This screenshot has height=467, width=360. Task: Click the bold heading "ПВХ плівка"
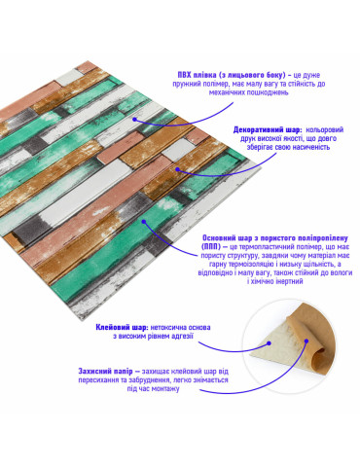click(x=197, y=75)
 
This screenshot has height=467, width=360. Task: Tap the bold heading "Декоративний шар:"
click(x=268, y=130)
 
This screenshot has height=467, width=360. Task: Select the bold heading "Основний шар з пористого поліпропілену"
click(x=275, y=238)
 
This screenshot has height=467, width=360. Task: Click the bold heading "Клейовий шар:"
click(x=122, y=327)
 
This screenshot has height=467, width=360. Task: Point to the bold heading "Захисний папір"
click(x=105, y=371)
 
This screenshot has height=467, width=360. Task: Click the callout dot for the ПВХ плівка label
click(x=134, y=120)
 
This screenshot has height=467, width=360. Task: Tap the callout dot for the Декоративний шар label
click(x=178, y=169)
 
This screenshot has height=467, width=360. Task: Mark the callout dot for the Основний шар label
click(x=144, y=222)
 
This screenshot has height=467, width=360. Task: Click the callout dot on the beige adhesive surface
click(x=269, y=343)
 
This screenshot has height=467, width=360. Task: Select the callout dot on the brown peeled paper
click(x=306, y=341)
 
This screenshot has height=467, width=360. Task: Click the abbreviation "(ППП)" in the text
click(x=211, y=247)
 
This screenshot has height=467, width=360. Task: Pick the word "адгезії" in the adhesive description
click(x=183, y=337)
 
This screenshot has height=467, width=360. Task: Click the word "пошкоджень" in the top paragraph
click(x=268, y=92)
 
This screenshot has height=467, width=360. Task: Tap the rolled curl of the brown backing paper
click(x=315, y=353)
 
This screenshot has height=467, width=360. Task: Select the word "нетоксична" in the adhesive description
click(x=165, y=327)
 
